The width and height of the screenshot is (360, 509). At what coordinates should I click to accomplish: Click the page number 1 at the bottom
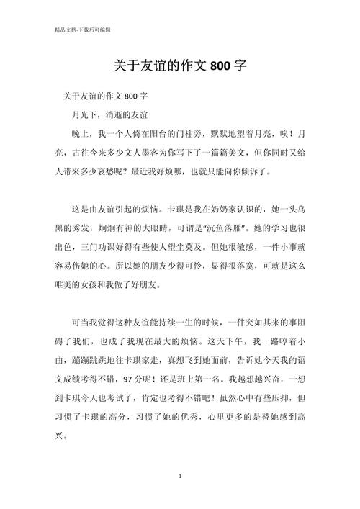coord(179,477)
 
